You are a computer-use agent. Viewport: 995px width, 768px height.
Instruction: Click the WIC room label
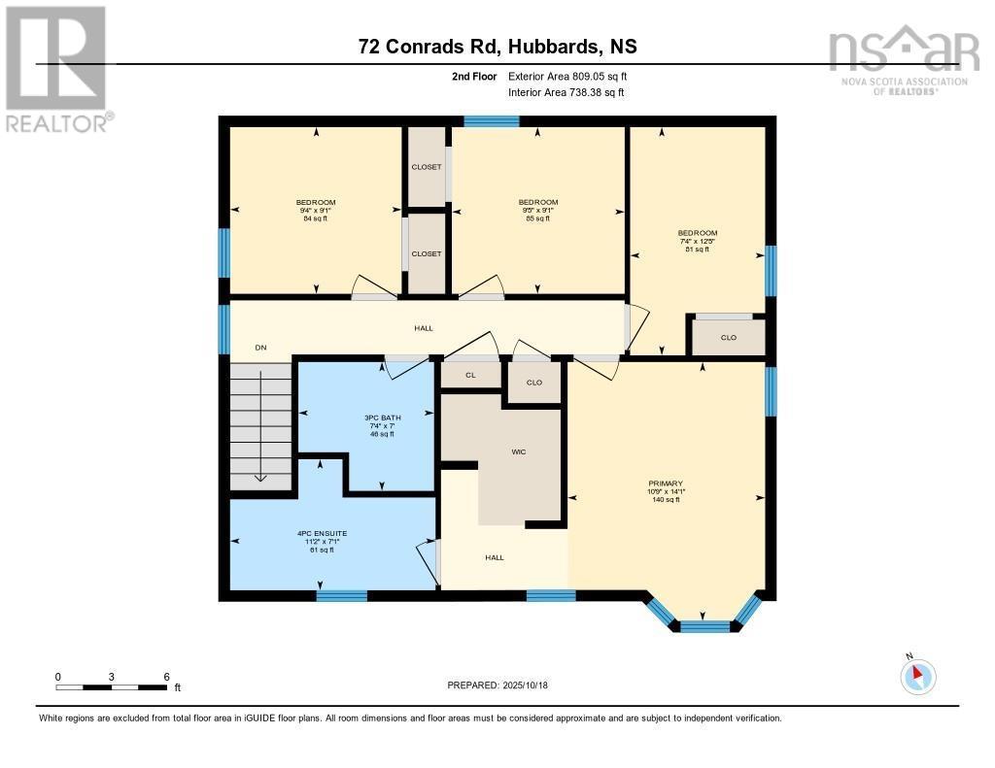[519, 452]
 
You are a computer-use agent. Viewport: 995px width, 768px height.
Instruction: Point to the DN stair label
[260, 348]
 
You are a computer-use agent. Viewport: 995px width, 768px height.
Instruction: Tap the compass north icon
[918, 676]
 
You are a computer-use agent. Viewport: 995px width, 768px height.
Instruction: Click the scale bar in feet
[111, 687]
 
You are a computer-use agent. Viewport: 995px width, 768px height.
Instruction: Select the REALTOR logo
[56, 68]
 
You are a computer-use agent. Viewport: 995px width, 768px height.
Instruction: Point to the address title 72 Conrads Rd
[497, 47]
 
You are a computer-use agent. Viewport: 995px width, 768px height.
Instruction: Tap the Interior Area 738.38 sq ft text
[566, 93]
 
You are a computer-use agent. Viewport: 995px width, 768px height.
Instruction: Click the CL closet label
[470, 374]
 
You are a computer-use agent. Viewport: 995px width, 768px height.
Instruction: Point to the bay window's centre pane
[704, 625]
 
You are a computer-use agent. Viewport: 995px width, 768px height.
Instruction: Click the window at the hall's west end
[224, 330]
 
